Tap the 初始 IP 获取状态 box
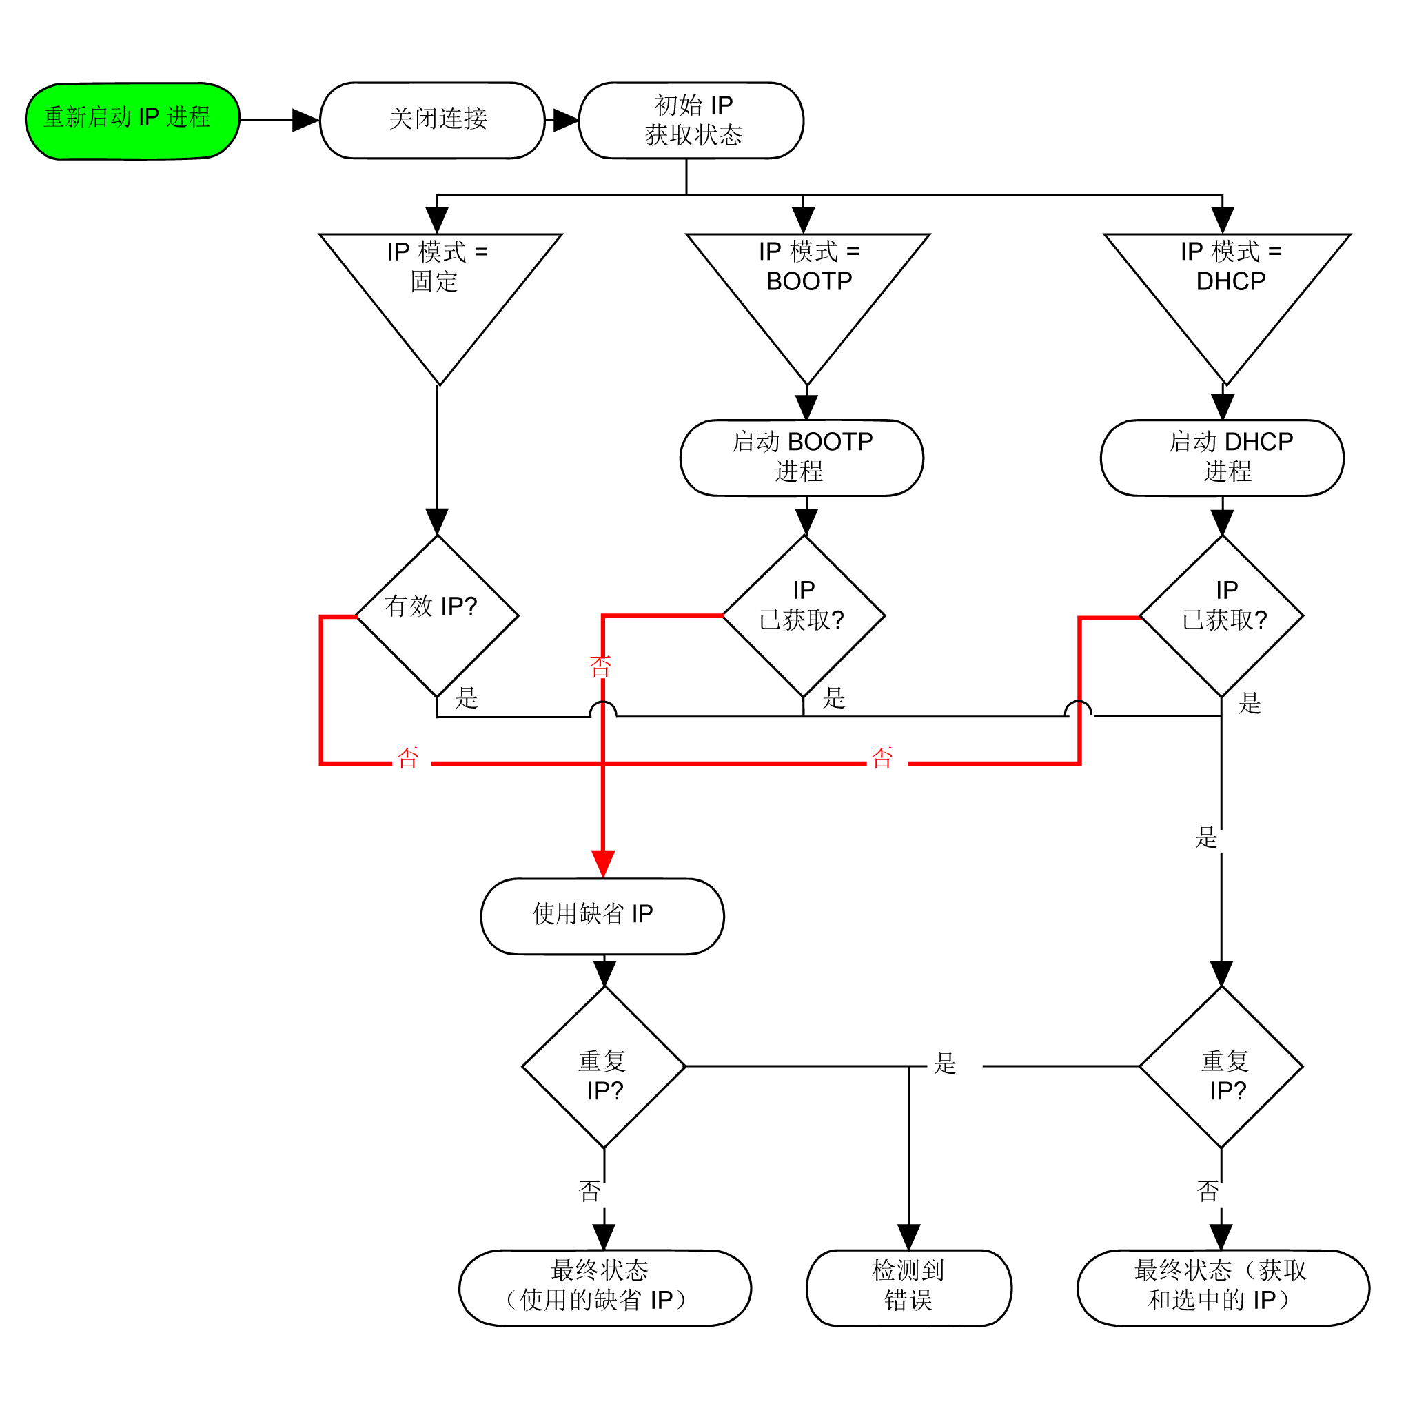[691, 121]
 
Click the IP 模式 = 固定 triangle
[440, 291]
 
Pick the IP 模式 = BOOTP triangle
[808, 291]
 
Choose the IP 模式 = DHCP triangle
[1227, 291]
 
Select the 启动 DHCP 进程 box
[1223, 458]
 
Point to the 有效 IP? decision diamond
[437, 615]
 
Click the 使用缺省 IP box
[602, 916]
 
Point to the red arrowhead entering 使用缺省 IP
[603, 864]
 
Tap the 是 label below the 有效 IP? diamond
[467, 698]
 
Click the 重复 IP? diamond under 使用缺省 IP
[604, 1067]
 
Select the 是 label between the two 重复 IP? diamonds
[945, 1063]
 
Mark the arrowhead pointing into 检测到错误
[909, 1236]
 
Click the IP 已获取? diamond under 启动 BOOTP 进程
[804, 615]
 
